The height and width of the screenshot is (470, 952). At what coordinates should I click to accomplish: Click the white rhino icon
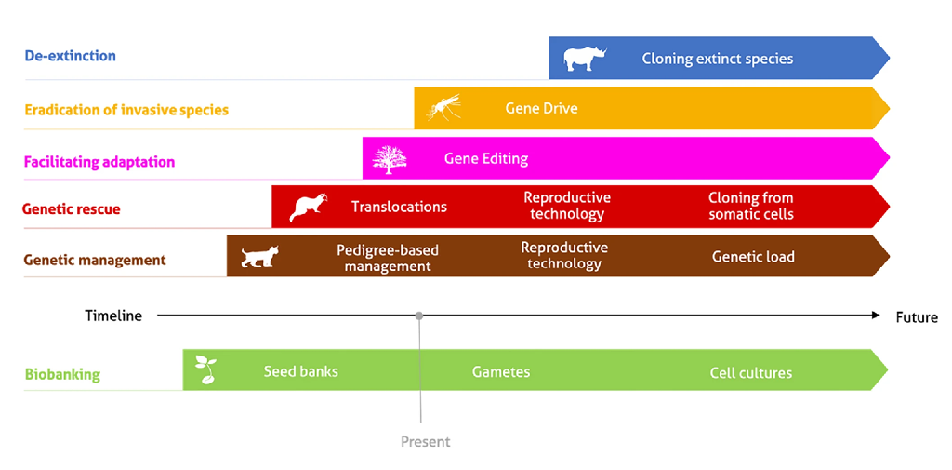584,59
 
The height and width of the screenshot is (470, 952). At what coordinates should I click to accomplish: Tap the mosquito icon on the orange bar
443,107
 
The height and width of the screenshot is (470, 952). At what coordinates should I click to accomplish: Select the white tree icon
390,160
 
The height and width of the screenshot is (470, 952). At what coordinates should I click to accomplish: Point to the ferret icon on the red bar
309,208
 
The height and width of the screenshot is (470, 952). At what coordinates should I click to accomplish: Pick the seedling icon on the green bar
205,370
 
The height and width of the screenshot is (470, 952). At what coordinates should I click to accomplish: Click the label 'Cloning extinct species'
718,59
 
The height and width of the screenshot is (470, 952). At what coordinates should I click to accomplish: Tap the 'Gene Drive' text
541,109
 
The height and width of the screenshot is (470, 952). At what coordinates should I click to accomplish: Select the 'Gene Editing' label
486,159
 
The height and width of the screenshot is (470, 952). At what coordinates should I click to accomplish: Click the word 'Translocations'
399,207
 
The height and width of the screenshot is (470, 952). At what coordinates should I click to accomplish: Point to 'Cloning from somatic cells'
751,206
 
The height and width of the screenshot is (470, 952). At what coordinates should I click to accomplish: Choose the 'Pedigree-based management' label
388,258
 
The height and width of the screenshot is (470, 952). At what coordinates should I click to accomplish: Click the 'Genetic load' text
753,257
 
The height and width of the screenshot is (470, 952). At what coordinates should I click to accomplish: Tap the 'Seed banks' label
300,371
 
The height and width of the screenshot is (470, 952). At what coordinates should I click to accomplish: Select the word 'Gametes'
501,372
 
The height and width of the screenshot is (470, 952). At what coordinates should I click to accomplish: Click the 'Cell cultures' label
751,372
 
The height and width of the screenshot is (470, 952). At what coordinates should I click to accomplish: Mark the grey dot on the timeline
419,316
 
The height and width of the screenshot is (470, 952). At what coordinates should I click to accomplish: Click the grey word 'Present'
426,441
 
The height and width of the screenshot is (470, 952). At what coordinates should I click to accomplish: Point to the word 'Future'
917,316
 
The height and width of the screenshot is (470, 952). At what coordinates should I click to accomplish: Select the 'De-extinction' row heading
70,57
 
